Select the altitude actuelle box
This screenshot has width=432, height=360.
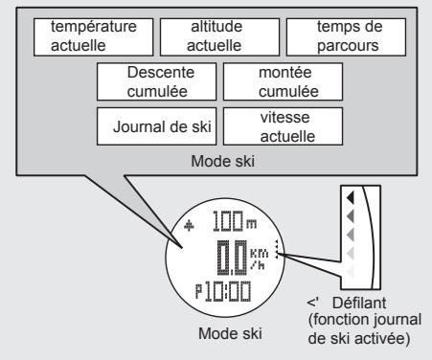pyautogui.click(x=215, y=37)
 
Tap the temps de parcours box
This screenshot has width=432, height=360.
pyautogui.click(x=343, y=37)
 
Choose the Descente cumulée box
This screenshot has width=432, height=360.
pyautogui.click(x=156, y=80)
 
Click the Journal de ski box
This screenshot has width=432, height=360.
pyautogui.click(x=156, y=124)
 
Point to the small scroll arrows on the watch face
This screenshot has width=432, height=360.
pyautogui.click(x=277, y=251)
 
